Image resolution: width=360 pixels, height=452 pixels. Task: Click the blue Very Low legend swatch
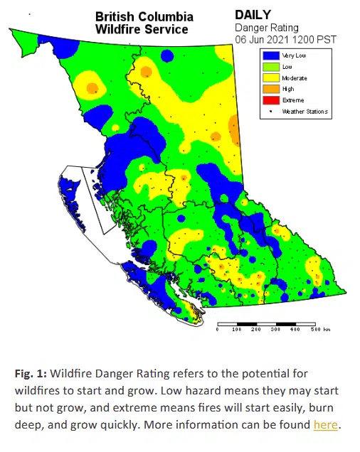pos(269,55)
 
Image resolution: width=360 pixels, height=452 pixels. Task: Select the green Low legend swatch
pos(269,66)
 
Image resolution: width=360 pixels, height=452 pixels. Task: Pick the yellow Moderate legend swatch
pos(269,77)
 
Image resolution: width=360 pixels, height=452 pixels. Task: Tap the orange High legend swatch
pos(269,89)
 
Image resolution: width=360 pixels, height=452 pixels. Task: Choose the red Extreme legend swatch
pos(269,100)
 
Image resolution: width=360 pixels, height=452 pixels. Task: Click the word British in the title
pos(116,16)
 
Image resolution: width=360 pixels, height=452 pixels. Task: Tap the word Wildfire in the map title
pos(118,29)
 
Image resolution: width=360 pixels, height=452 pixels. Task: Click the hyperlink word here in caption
pos(326,426)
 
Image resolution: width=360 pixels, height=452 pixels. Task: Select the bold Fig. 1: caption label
pos(31,372)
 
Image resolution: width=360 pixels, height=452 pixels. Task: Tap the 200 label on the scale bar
pos(257,330)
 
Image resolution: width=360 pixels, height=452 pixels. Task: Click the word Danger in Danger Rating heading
pos(250,27)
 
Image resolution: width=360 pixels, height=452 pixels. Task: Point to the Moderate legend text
pos(295,77)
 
